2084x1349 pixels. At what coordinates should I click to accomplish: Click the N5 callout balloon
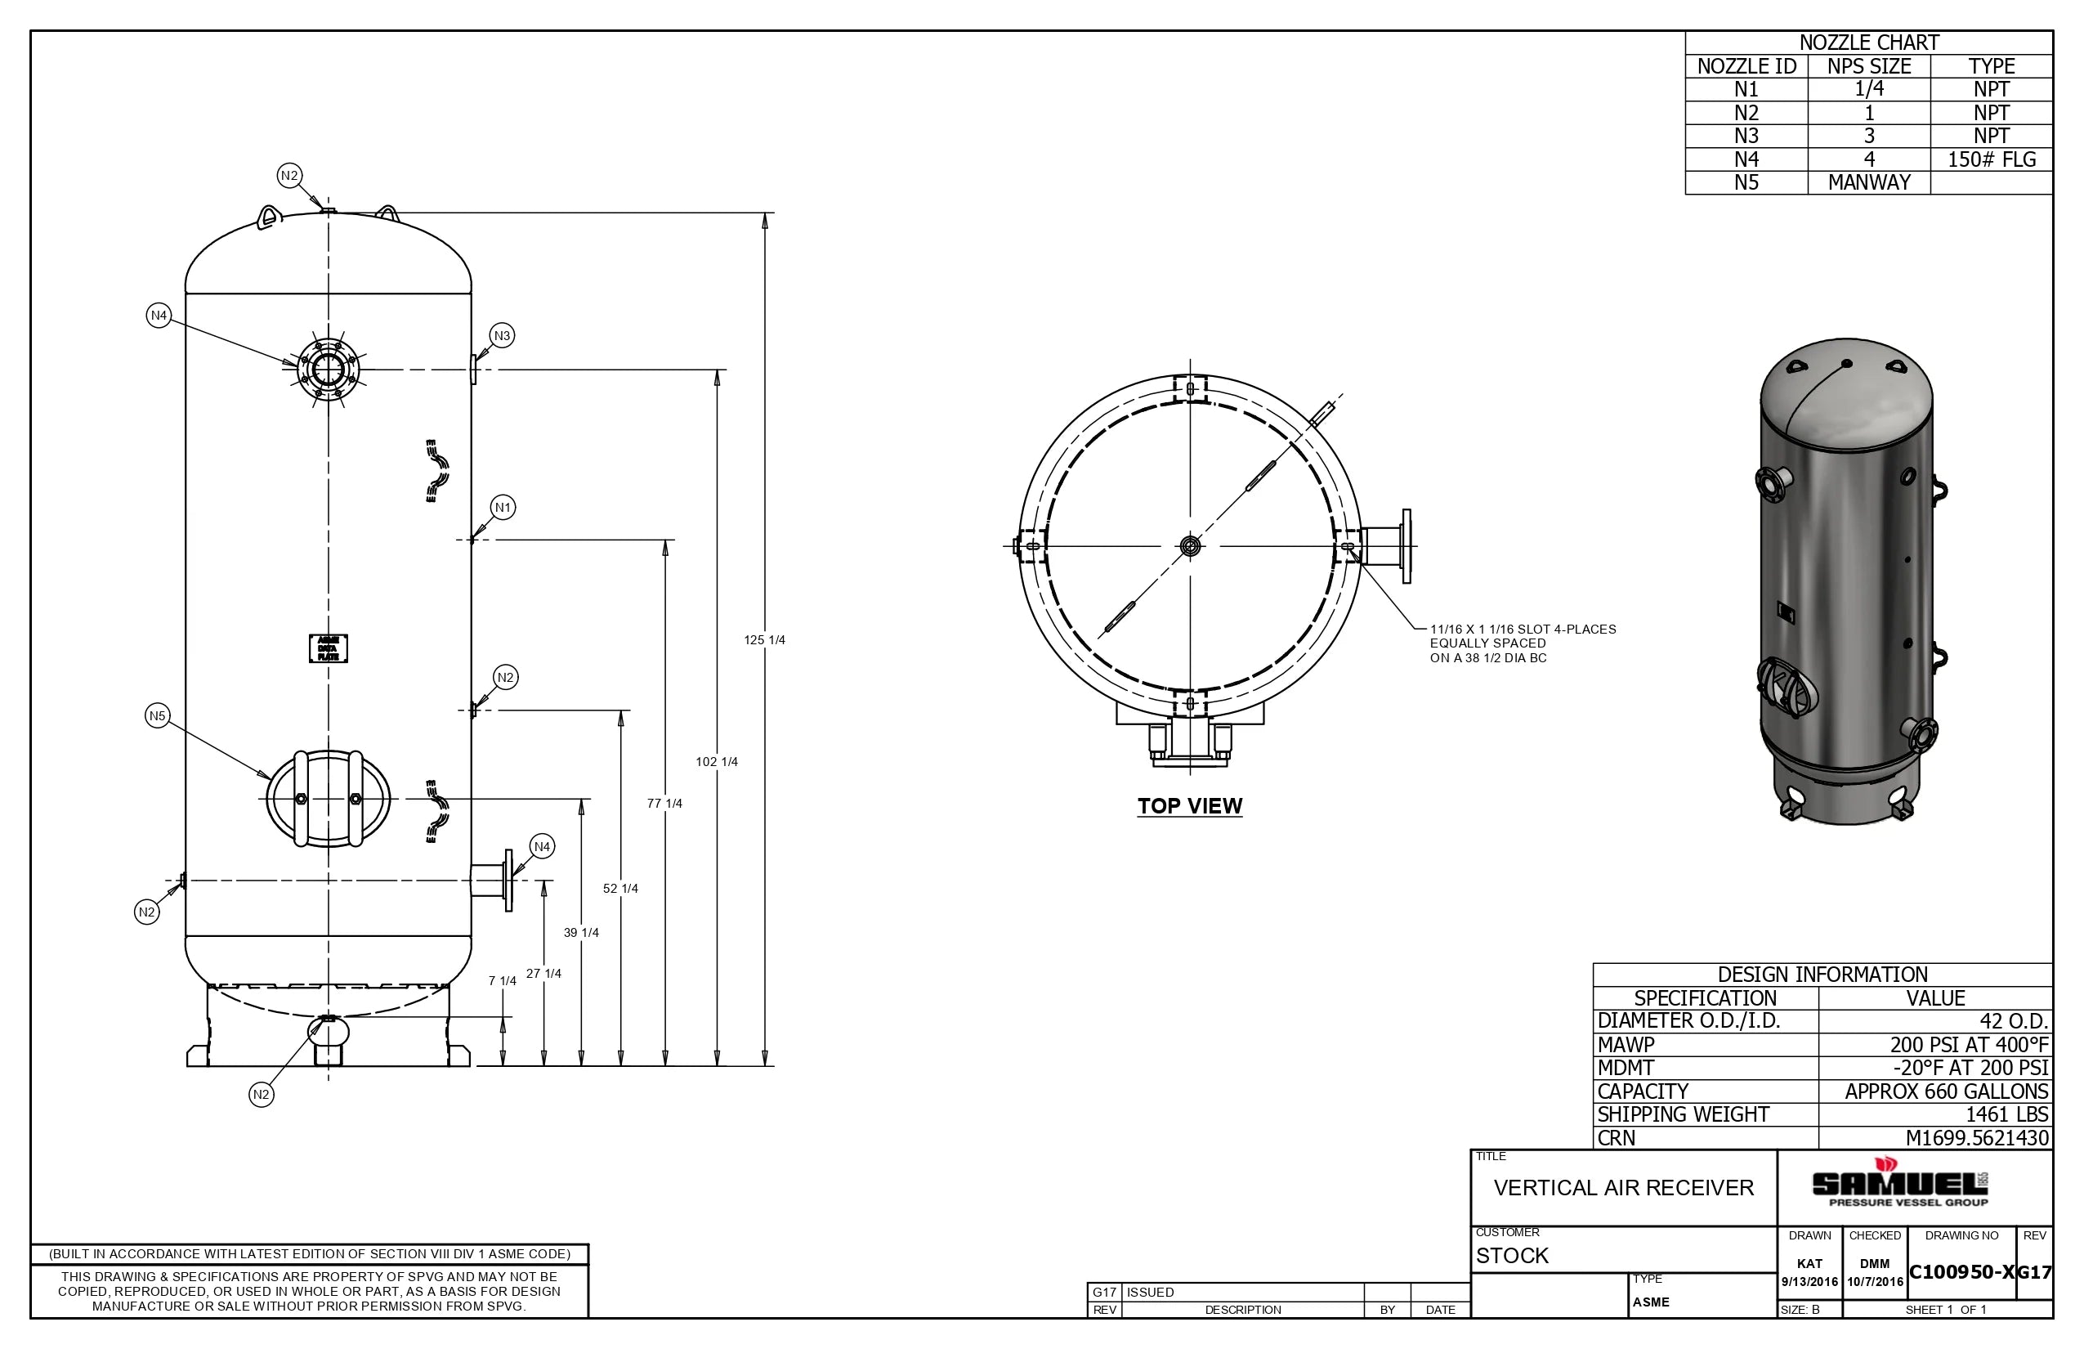pos(157,715)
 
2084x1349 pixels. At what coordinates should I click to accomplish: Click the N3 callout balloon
pos(502,335)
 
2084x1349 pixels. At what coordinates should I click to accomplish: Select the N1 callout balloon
pos(503,507)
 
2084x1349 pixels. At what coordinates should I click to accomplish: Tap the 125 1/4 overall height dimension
pos(764,640)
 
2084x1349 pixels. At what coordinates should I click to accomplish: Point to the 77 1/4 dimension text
pos(664,803)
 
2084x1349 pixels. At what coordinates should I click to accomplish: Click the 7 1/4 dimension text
pos(502,981)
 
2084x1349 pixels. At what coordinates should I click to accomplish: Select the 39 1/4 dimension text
pos(580,933)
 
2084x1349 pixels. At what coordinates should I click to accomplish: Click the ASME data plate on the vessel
pos(329,649)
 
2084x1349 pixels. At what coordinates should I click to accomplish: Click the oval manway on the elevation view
pos(329,799)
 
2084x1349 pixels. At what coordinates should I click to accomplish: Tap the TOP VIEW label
pos(1189,806)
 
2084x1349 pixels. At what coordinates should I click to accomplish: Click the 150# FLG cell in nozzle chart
pos(1991,159)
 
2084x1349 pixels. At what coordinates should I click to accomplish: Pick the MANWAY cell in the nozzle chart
pos(1868,182)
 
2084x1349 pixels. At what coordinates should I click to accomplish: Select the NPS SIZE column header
pos(1868,66)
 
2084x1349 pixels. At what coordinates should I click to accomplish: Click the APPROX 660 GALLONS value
pos(1946,1091)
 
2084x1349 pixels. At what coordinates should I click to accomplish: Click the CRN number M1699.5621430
pos(1976,1138)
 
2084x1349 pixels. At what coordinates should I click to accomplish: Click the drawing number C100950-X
pos(1961,1273)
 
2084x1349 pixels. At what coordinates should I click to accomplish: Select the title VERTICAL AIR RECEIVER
pos(1623,1189)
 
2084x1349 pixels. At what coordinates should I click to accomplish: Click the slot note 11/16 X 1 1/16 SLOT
pos(1522,630)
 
